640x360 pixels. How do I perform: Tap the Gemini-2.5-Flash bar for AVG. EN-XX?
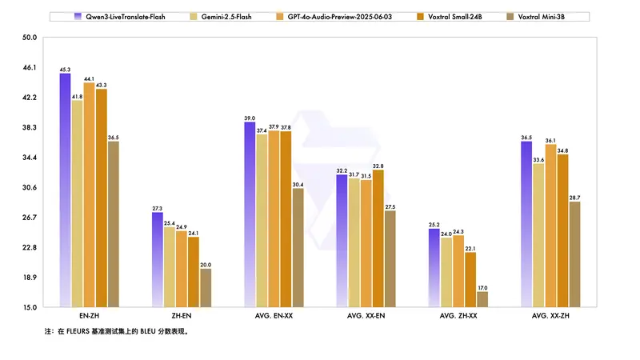point(262,221)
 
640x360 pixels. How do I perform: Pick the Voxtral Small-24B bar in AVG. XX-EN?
point(378,238)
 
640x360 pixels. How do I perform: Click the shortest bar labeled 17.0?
point(482,299)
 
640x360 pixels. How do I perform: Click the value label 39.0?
point(250,118)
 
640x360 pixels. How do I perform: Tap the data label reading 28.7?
point(574,198)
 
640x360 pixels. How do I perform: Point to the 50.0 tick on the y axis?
point(30,38)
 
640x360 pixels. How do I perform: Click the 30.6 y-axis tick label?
point(30,188)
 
